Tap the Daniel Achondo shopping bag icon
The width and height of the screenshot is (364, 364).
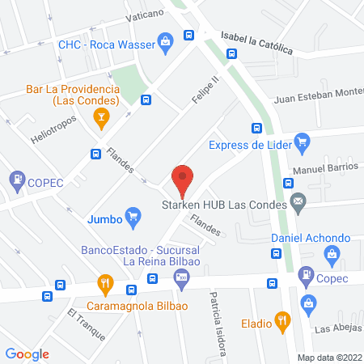[x=330, y=256]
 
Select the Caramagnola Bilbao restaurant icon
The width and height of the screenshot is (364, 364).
[x=104, y=284]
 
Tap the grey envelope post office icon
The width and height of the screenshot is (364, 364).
[x=298, y=204]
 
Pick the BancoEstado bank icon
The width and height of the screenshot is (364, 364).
[x=181, y=280]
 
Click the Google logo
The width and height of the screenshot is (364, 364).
[x=28, y=353]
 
